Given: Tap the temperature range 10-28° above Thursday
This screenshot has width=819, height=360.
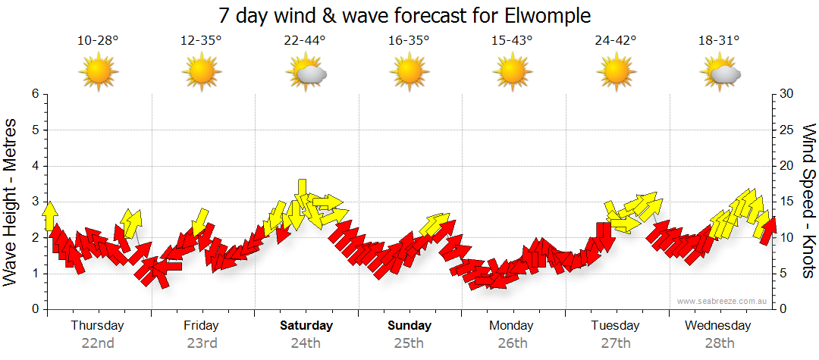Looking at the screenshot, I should point(98,40).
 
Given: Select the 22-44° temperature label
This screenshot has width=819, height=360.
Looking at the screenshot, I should point(306,40).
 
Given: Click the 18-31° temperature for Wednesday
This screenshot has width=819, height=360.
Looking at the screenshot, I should point(718,40).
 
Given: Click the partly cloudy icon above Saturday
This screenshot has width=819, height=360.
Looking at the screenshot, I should point(306,74).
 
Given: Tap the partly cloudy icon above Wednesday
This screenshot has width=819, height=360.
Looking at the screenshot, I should point(720,74).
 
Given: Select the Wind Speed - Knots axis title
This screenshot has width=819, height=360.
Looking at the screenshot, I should point(808,202).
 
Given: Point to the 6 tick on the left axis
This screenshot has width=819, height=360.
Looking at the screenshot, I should point(35,94).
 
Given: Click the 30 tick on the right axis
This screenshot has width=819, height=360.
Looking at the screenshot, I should point(786,94).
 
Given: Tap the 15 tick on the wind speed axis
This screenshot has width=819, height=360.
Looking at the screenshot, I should point(786,202).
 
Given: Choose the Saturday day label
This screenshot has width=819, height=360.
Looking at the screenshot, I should point(306,326).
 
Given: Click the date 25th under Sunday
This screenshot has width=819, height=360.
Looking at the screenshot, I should point(409,343).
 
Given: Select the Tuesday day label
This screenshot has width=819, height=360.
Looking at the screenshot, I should point(616,326).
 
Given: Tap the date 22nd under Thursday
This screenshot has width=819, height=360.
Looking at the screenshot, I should point(98,343).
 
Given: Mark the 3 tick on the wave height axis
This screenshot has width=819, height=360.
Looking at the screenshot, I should point(35,202).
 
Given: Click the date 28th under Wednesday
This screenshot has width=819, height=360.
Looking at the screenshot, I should point(719,343).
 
